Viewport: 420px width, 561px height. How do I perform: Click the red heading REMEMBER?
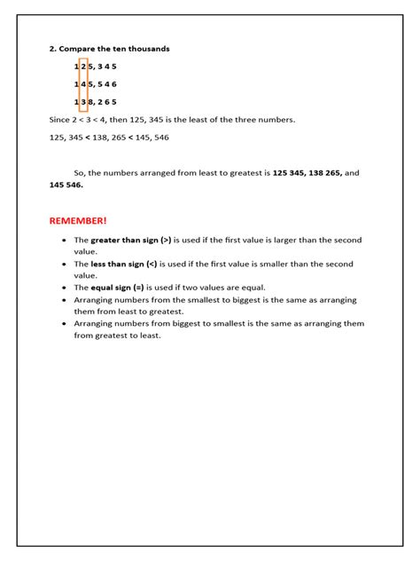tap(78, 219)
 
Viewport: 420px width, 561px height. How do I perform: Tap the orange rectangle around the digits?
tap(83, 84)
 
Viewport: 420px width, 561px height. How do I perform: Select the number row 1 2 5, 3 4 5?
tap(96, 67)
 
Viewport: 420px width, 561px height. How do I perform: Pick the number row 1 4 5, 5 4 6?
tap(96, 84)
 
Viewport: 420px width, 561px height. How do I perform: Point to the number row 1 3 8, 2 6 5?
tap(96, 102)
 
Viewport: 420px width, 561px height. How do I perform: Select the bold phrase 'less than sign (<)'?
tap(124, 264)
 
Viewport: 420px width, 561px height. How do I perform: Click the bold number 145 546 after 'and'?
tap(66, 186)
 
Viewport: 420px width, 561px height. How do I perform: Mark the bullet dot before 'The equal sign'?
tap(64, 288)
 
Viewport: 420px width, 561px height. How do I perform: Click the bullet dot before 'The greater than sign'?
tap(64, 240)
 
